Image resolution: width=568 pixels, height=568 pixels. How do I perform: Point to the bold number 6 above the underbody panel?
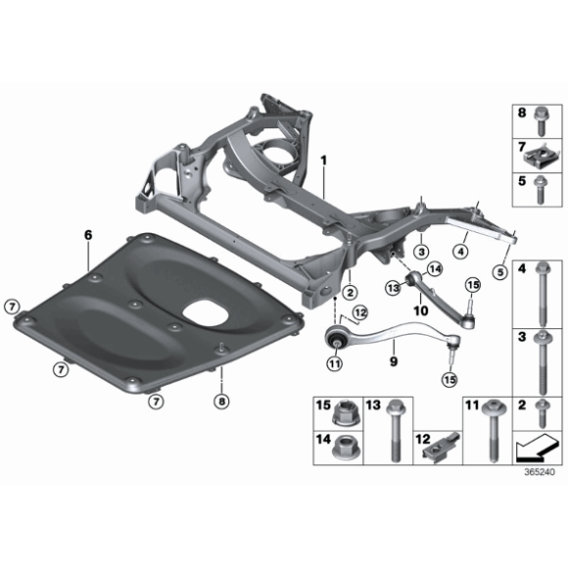pos(87,235)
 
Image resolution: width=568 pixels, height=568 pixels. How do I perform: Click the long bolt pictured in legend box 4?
pos(541,295)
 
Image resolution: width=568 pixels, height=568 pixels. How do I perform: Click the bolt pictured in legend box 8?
pos(539,116)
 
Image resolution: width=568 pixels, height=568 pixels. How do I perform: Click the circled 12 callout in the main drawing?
pos(359,312)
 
